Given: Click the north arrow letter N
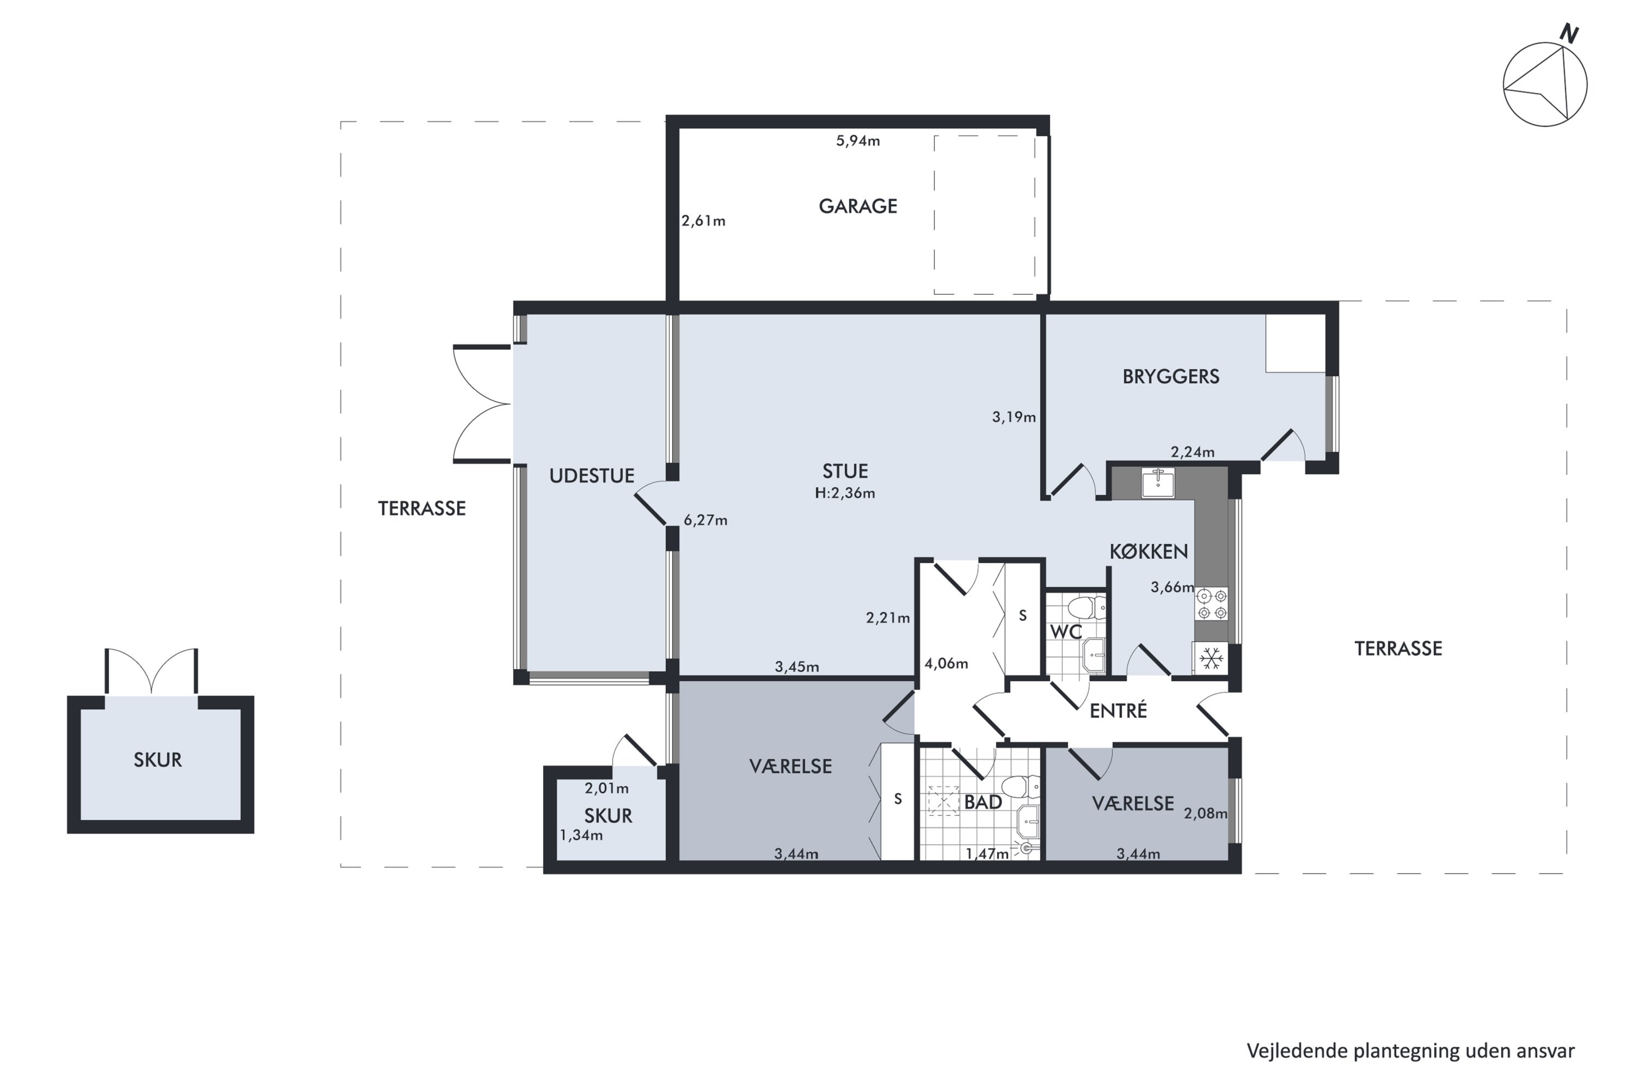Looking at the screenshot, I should tap(1568, 34).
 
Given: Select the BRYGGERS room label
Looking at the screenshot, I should tap(1171, 376).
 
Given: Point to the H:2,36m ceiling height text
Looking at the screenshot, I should tap(844, 493).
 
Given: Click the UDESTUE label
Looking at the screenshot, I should tap(592, 476).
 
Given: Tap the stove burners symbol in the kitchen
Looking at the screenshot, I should tap(1212, 603).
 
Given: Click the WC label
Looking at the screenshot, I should tap(1066, 632).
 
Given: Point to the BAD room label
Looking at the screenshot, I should tap(983, 802).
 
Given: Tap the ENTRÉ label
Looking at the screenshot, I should tap(1118, 711).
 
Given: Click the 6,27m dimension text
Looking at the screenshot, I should tap(705, 520).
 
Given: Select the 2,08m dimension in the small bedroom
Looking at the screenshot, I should tap(1205, 813).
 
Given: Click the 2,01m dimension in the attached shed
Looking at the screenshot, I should tap(606, 788).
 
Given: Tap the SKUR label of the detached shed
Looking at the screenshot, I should tap(158, 760).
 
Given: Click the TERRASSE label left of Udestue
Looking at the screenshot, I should tap(421, 509).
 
